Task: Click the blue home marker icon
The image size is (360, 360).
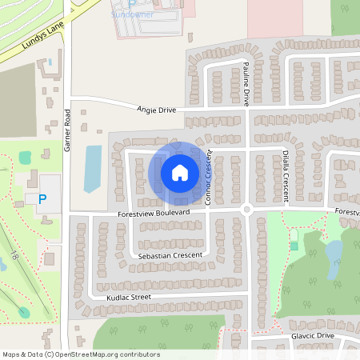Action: point(180,172)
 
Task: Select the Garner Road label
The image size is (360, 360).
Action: point(69,130)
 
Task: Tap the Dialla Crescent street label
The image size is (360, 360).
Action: point(285,173)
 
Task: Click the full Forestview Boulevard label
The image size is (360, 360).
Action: point(153,214)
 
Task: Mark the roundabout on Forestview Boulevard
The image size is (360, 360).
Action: point(246,210)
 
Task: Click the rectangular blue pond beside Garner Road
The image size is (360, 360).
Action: point(93,168)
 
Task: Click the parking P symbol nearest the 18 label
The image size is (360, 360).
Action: point(42,198)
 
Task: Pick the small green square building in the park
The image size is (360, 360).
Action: point(294,245)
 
